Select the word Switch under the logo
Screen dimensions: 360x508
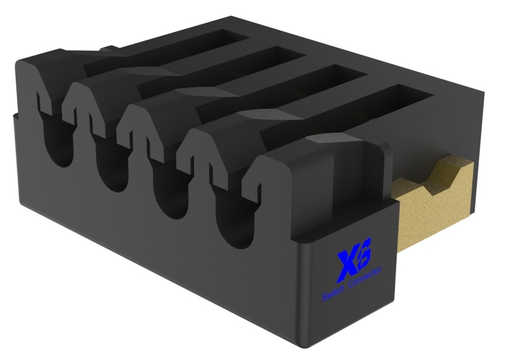(333, 293)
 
